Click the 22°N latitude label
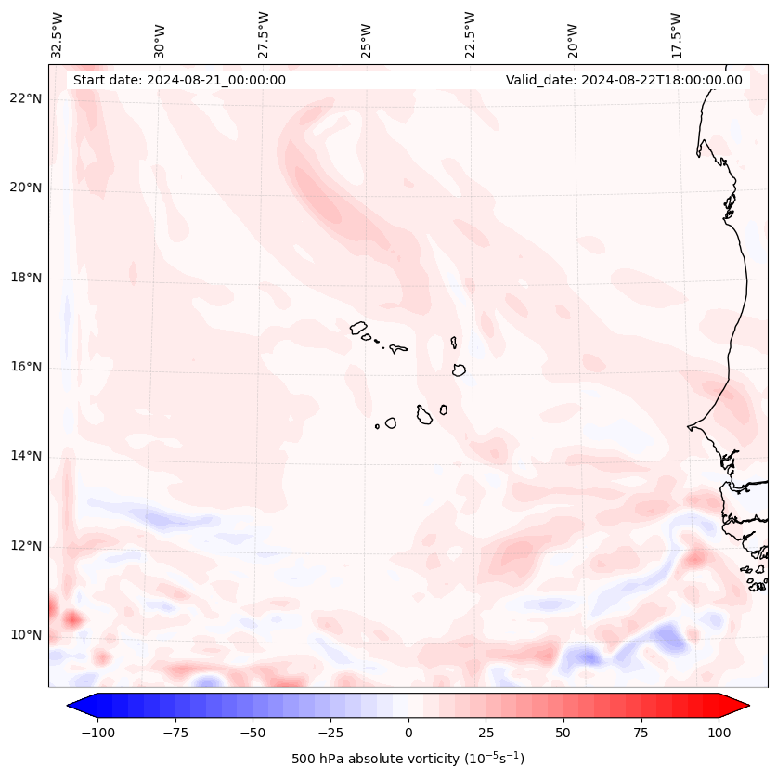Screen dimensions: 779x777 pos(25,98)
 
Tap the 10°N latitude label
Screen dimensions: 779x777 pos(25,635)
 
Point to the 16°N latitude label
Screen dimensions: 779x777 pos(25,367)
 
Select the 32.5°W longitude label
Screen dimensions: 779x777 pos(58,34)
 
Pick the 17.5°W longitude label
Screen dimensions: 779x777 pos(677,34)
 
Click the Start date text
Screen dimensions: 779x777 pos(179,80)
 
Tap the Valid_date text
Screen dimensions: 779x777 pos(624,80)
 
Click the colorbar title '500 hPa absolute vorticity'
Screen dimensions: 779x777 pos(408,759)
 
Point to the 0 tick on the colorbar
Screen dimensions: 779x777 pos(408,733)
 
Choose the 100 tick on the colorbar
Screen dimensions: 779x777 pos(719,733)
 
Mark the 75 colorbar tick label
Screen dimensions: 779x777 pos(641,733)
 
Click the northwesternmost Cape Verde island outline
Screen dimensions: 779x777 pos(358,327)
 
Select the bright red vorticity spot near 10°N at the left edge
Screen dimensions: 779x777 pos(71,618)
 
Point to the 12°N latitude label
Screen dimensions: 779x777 pos(25,546)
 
